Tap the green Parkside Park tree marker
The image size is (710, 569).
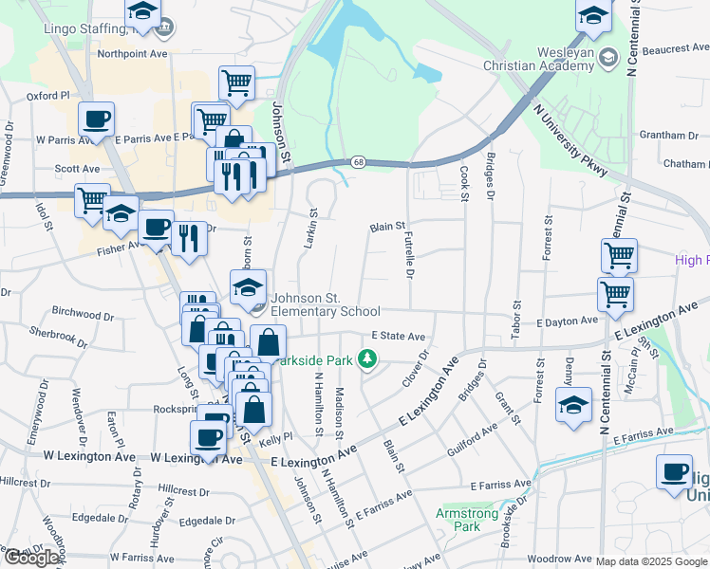pos(368,359)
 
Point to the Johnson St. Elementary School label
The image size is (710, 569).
pos(325,304)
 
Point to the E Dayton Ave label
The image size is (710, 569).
pos(567,321)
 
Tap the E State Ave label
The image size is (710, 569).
pos(398,336)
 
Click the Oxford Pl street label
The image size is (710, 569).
pos(48,96)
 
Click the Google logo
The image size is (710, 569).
pos(31,558)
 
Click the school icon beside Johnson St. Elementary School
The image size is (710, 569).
pos(248,285)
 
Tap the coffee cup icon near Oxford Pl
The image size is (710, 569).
pos(96,119)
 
